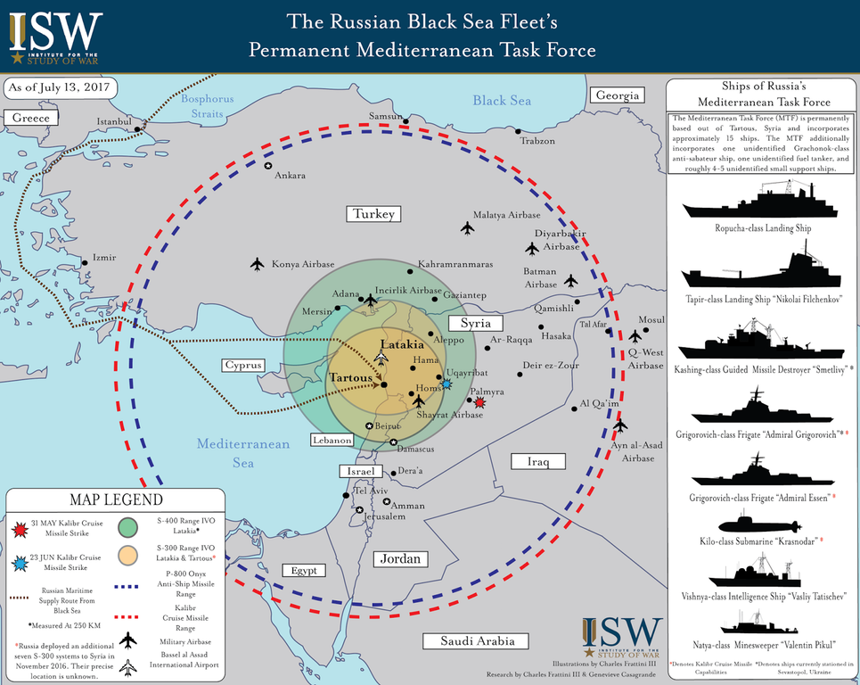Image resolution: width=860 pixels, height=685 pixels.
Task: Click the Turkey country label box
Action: (x=373, y=214)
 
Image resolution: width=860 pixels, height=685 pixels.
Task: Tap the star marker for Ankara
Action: (x=268, y=165)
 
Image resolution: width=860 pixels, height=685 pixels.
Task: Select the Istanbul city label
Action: (x=113, y=121)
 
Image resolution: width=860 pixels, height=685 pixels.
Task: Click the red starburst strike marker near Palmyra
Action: (x=480, y=403)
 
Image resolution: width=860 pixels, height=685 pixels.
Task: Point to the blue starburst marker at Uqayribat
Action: (x=446, y=384)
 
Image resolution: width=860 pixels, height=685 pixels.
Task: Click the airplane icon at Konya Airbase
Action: (x=258, y=264)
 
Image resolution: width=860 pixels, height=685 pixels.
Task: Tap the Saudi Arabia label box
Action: (x=478, y=640)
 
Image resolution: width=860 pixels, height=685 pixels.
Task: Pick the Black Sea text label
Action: (x=502, y=101)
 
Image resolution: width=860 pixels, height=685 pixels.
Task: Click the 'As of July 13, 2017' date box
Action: (x=59, y=88)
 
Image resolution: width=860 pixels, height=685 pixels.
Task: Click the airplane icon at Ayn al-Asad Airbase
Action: (x=620, y=426)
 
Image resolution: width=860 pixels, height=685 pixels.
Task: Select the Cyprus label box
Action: (x=243, y=365)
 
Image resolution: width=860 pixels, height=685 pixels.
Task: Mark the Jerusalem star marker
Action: (x=359, y=510)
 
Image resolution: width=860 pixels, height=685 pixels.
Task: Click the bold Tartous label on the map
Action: (x=350, y=377)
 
